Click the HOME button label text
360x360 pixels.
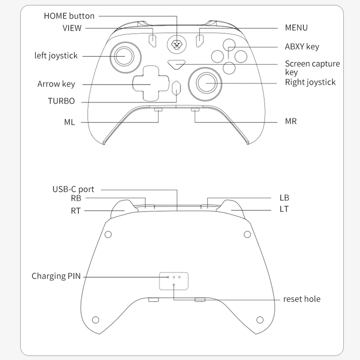[69, 16]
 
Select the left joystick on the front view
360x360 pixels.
[122, 56]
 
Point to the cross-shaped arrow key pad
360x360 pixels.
[150, 83]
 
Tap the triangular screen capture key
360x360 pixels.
[176, 64]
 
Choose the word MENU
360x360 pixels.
[296, 28]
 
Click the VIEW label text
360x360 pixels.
[72, 28]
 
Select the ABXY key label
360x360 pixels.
[302, 47]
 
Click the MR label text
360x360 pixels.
[291, 121]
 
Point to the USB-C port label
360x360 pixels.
[73, 189]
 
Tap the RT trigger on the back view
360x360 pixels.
[121, 207]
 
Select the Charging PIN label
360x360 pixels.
[56, 276]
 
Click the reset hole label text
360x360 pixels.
[301, 299]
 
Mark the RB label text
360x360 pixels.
[76, 198]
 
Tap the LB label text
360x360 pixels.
[284, 198]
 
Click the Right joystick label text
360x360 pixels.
[310, 82]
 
